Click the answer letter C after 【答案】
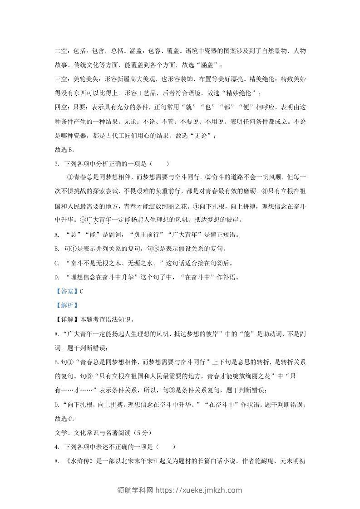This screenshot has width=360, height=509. (x=81, y=292)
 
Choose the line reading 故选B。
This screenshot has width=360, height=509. (x=64, y=149)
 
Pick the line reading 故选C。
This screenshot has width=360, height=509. (x=64, y=419)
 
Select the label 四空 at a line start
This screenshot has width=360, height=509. (x=60, y=107)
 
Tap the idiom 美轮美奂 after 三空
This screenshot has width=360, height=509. (x=86, y=79)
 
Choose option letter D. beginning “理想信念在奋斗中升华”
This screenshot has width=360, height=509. (x=57, y=277)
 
